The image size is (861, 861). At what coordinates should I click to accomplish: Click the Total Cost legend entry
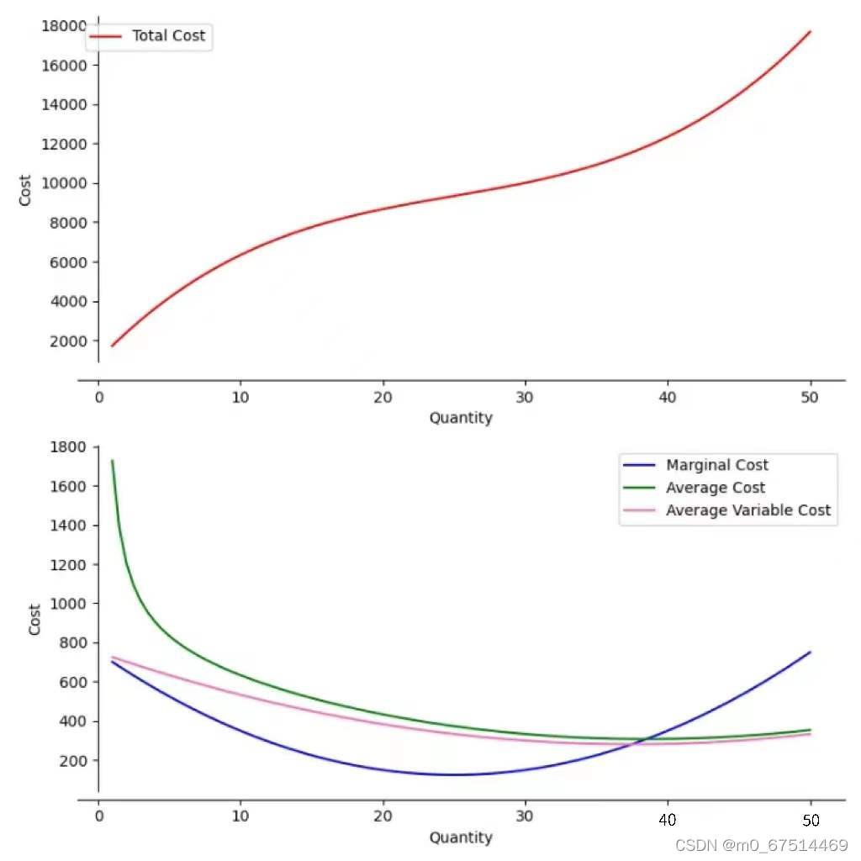[x=167, y=36]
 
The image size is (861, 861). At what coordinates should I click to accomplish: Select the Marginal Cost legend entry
[x=716, y=465]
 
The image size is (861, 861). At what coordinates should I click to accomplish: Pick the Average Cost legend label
[x=715, y=488]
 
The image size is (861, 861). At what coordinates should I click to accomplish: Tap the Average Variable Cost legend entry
[x=747, y=510]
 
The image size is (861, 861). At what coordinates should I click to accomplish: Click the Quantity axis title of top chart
[x=461, y=418]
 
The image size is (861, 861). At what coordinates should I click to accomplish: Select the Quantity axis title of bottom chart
[x=461, y=837]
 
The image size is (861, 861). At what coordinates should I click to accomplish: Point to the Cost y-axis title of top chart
[x=26, y=190]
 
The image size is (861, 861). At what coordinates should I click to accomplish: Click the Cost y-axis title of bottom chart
[x=35, y=620]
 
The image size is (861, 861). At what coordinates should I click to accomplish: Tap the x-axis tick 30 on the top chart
[x=526, y=397]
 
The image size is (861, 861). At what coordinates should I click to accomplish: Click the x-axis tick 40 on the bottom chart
[x=668, y=819]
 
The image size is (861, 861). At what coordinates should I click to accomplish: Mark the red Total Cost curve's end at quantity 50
[x=810, y=31]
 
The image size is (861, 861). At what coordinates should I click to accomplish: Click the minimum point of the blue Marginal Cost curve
[x=454, y=775]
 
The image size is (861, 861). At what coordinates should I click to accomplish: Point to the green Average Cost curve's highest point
[x=113, y=460]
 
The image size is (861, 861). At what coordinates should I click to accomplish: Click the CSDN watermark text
[x=762, y=845]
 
